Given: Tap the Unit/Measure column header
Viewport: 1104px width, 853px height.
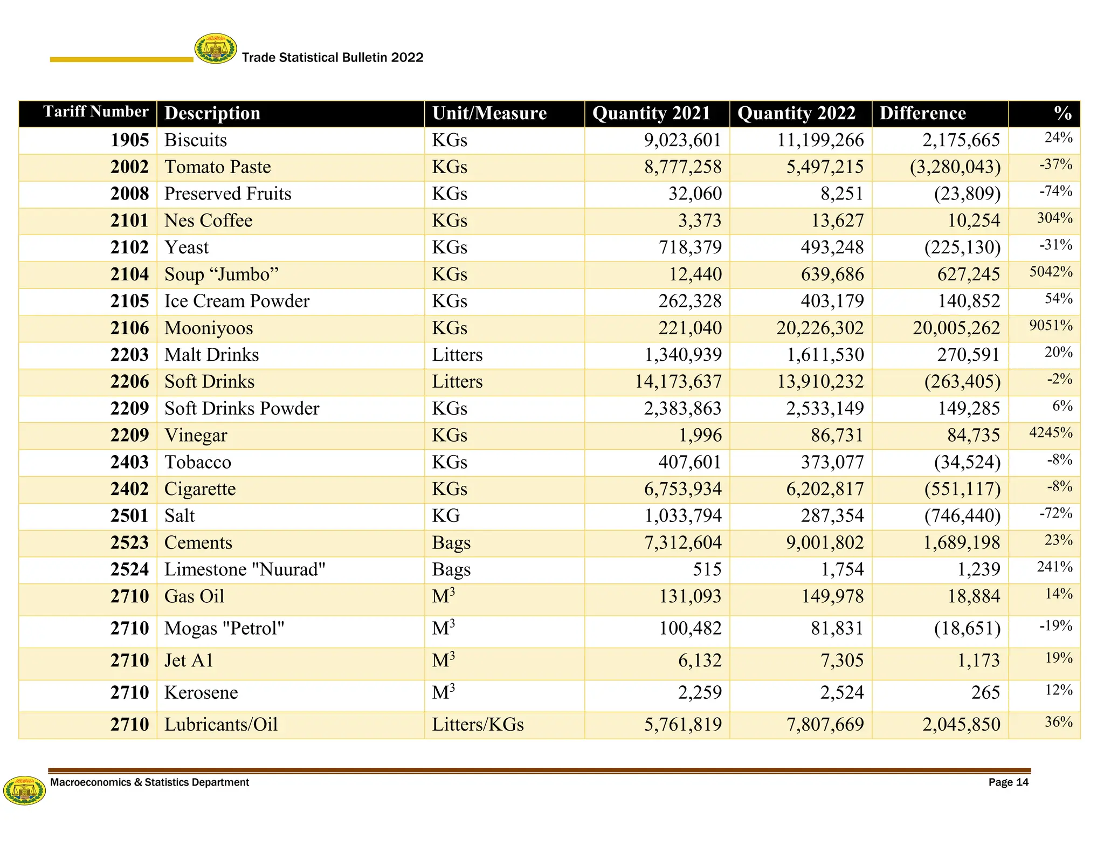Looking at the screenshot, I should click(489, 113).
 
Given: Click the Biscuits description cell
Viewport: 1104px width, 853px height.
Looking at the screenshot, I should click(196, 140).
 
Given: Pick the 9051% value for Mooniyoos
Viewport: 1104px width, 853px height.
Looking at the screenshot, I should click(1051, 326).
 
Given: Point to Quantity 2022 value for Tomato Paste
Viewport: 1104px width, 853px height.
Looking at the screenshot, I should click(825, 167).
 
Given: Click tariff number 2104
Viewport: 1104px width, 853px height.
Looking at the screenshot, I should click(129, 274).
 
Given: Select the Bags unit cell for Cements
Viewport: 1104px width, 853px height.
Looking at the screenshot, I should click(451, 543).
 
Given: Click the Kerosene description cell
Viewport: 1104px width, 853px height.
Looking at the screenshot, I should click(201, 693).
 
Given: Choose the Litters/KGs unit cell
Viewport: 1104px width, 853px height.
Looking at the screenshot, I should click(478, 725).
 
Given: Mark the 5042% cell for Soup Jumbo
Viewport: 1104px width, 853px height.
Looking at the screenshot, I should click(1051, 272).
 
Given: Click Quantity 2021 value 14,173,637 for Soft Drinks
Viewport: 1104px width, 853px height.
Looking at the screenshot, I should click(678, 382).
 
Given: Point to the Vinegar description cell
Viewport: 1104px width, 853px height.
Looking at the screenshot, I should click(196, 436).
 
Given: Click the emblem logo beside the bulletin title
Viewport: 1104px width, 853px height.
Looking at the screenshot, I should click(216, 49).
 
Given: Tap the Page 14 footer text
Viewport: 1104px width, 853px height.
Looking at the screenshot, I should click(1008, 782).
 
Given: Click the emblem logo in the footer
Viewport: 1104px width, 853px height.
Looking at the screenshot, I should click(24, 790).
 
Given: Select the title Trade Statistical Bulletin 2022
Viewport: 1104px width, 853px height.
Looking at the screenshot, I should click(333, 58).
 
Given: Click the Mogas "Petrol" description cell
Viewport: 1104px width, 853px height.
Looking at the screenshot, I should click(224, 629).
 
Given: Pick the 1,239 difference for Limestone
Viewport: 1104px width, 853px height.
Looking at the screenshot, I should click(979, 570).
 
